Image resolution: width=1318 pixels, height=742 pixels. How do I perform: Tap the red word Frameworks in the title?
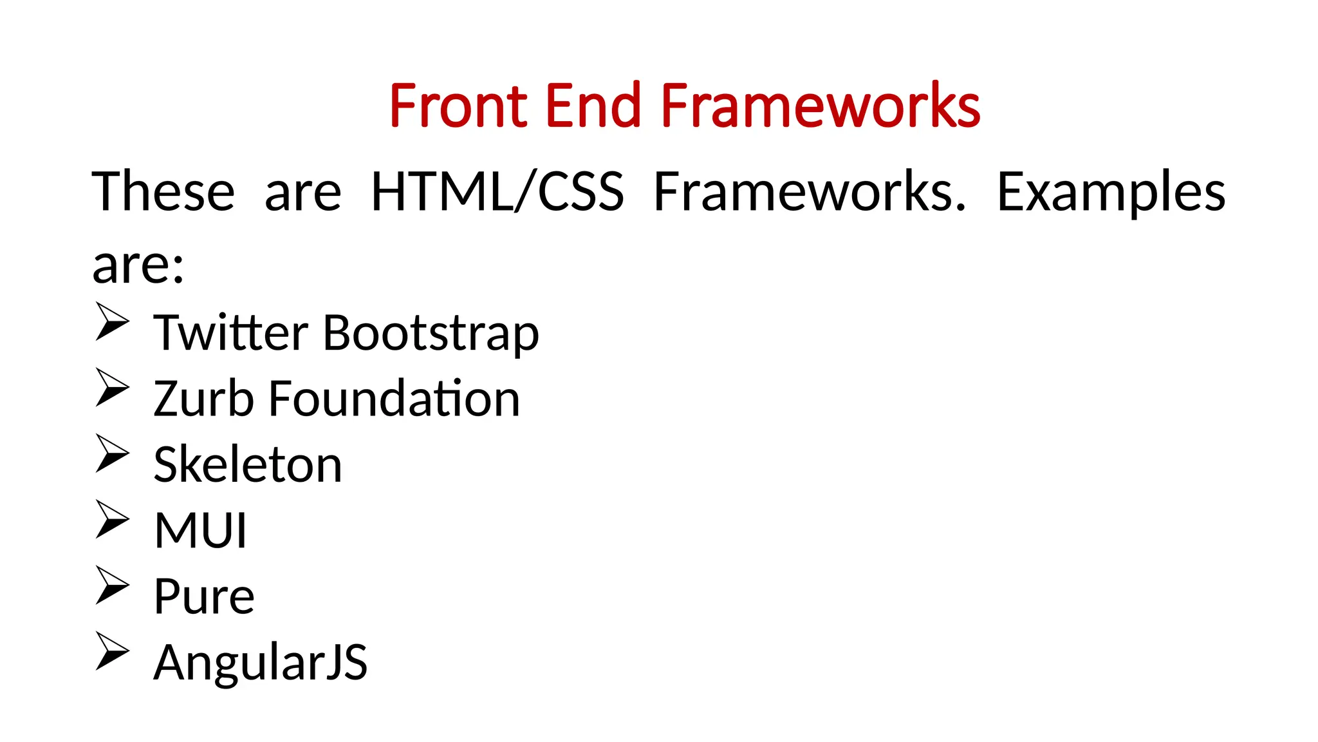pyautogui.click(x=820, y=106)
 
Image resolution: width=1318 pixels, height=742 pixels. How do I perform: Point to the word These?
pyautogui.click(x=163, y=192)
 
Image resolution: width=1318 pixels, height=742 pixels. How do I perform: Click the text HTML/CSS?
pyautogui.click(x=497, y=192)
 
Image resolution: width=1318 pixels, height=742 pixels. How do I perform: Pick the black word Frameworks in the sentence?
pyautogui.click(x=810, y=192)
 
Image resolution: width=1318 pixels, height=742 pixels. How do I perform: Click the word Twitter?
pyautogui.click(x=230, y=333)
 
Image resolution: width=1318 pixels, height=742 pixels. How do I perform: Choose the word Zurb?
pyautogui.click(x=203, y=399)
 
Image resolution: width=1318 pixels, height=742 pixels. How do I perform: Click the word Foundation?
pyautogui.click(x=394, y=399)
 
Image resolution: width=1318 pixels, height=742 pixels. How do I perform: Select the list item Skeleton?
pyautogui.click(x=248, y=464)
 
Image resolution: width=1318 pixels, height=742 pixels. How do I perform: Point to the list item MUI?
pyautogui.click(x=200, y=531)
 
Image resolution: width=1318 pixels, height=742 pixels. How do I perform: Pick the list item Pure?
pyautogui.click(x=204, y=596)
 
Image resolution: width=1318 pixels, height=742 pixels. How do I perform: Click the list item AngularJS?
pyautogui.click(x=260, y=663)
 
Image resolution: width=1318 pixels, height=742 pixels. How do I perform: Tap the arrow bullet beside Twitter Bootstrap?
pyautogui.click(x=112, y=321)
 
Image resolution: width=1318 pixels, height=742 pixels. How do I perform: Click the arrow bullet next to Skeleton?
pyautogui.click(x=112, y=453)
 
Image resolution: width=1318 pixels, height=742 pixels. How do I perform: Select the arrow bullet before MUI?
pyautogui.click(x=112, y=518)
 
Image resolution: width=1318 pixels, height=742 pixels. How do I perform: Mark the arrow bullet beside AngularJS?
pyautogui.click(x=112, y=651)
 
